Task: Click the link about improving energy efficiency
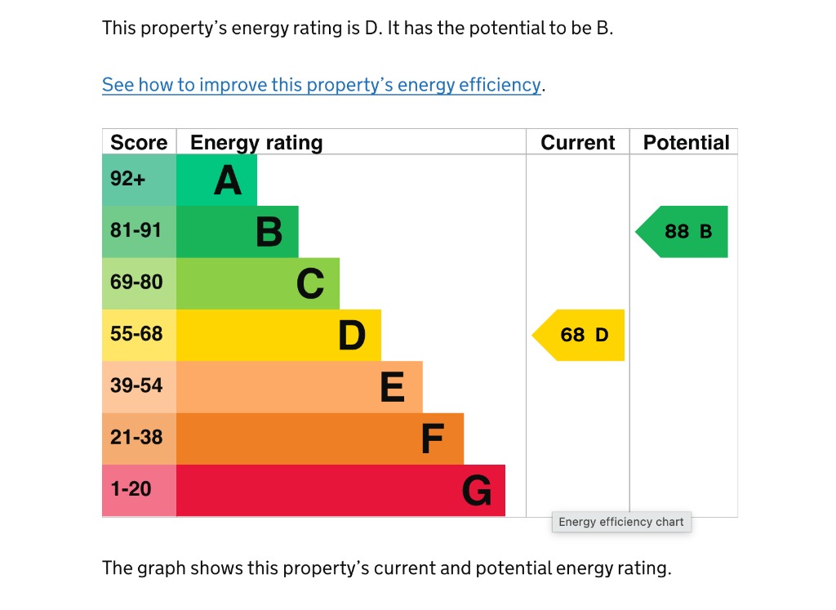tap(322, 85)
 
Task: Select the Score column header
tap(139, 142)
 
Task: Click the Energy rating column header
tap(256, 142)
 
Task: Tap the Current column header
tap(577, 142)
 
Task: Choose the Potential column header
tap(686, 142)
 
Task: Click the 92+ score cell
tap(128, 179)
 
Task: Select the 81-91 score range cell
tap(136, 231)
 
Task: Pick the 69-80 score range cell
tap(136, 283)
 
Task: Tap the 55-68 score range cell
tap(136, 334)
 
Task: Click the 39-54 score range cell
tap(136, 386)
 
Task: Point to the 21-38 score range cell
tap(136, 438)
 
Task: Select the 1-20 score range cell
tap(131, 489)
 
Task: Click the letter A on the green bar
tap(228, 180)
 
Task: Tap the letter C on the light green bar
tap(310, 284)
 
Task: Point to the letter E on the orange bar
tap(393, 388)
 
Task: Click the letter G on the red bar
tap(477, 492)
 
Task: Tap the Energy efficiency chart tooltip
tap(621, 522)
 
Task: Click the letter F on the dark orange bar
tap(432, 439)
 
